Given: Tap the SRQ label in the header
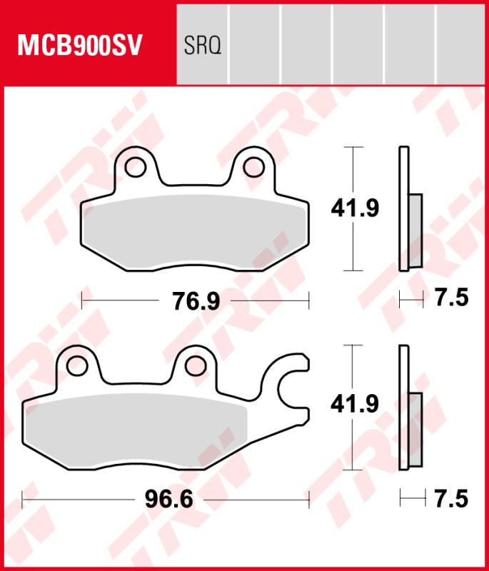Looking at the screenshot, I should pyautogui.click(x=203, y=46).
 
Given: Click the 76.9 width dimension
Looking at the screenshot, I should pyautogui.click(x=195, y=301).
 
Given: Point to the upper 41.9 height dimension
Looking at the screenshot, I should pyautogui.click(x=354, y=208).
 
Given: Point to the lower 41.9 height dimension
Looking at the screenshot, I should pyautogui.click(x=354, y=404).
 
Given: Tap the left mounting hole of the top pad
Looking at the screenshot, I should pyautogui.click(x=134, y=167).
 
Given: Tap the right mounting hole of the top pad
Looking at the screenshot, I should pyautogui.click(x=253, y=167).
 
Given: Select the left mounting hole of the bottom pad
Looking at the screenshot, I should pyautogui.click(x=77, y=365).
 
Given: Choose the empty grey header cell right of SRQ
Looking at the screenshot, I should pyautogui.click(x=254, y=43).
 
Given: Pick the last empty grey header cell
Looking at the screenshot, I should pyautogui.click(x=460, y=43).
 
